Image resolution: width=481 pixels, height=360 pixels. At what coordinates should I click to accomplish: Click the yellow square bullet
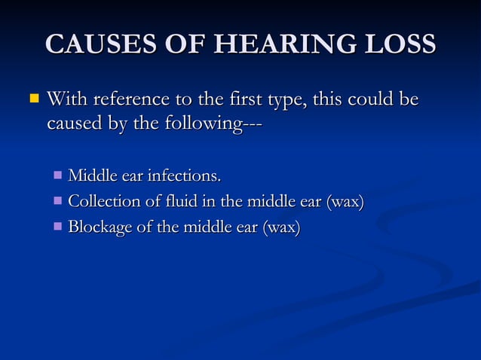32,99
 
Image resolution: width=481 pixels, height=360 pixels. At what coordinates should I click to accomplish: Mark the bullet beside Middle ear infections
59,176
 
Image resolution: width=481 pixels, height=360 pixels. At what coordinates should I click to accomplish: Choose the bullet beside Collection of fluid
59,201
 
